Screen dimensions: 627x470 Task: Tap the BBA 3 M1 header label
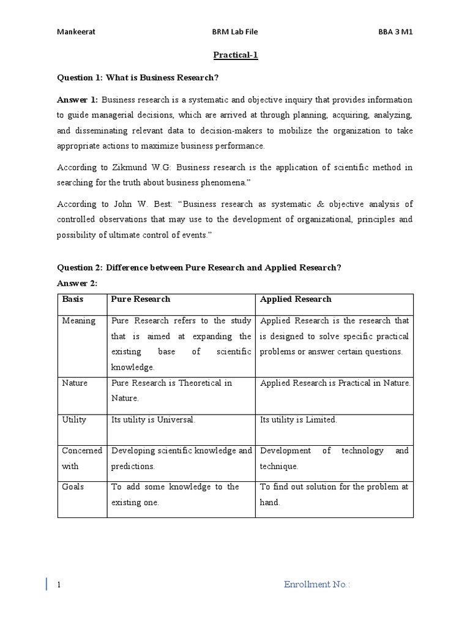[396, 32]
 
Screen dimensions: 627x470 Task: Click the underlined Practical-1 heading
[236, 56]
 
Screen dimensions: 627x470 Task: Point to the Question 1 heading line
[138, 78]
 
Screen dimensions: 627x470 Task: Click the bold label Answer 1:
[78, 100]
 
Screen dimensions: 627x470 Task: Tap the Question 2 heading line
[199, 268]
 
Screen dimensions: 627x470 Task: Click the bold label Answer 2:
[77, 283]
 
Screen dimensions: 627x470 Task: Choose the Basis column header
[73, 299]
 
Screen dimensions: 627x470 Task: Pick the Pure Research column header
[141, 299]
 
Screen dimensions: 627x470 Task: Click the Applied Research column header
[296, 299]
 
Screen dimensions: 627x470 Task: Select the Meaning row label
[79, 321]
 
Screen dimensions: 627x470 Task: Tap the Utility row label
[74, 420]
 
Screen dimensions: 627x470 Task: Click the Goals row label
[73, 487]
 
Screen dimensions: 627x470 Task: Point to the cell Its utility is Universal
[153, 420]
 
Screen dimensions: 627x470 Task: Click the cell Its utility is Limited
[299, 420]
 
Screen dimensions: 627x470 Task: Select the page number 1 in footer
[59, 585]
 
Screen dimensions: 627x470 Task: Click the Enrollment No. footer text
[317, 585]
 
